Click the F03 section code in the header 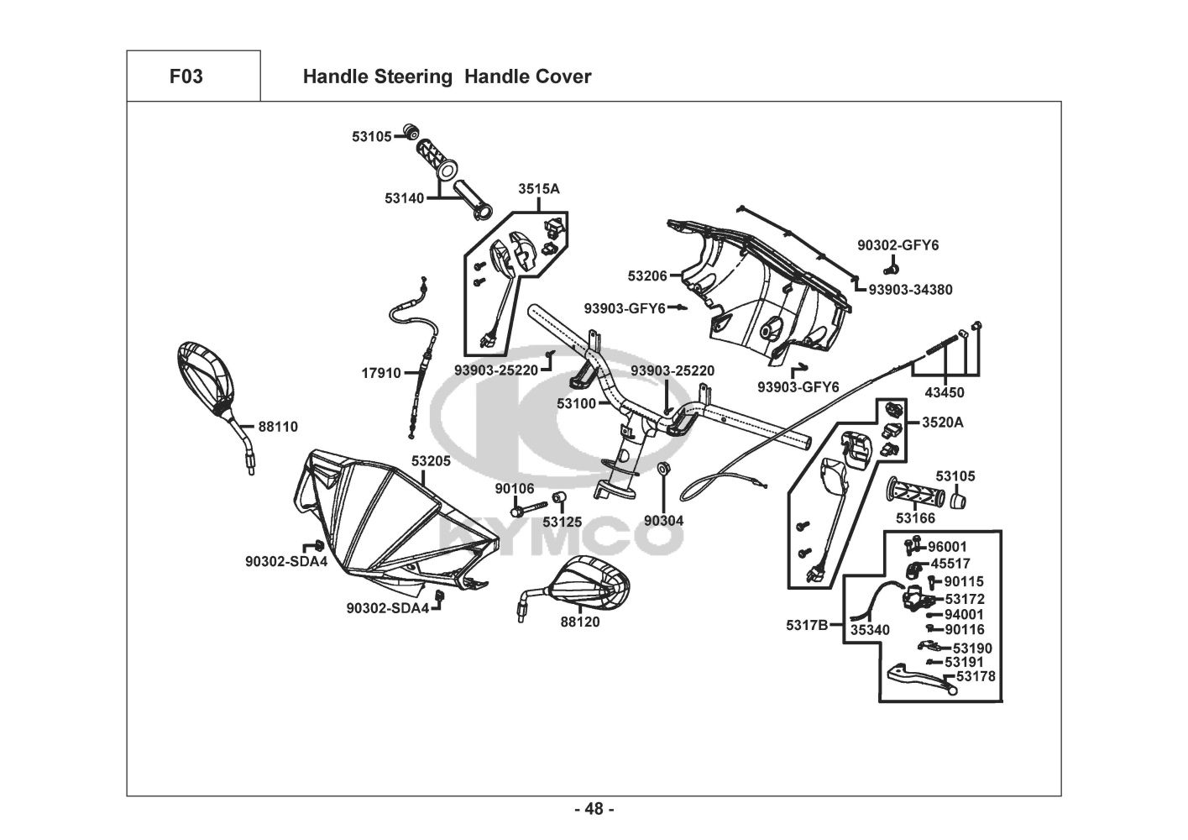[x=186, y=76]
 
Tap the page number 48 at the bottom [x=594, y=809]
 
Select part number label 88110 [x=278, y=427]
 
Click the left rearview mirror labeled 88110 [x=207, y=375]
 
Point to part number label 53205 [x=431, y=461]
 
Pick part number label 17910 [x=381, y=373]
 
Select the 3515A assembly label [x=538, y=189]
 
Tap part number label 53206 [x=647, y=275]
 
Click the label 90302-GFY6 [x=898, y=245]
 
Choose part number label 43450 [x=945, y=392]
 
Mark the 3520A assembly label [x=943, y=423]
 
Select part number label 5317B [x=807, y=624]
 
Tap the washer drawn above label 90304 [x=663, y=468]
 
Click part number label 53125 [x=562, y=522]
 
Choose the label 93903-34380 [x=910, y=290]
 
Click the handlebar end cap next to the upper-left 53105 [x=411, y=132]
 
